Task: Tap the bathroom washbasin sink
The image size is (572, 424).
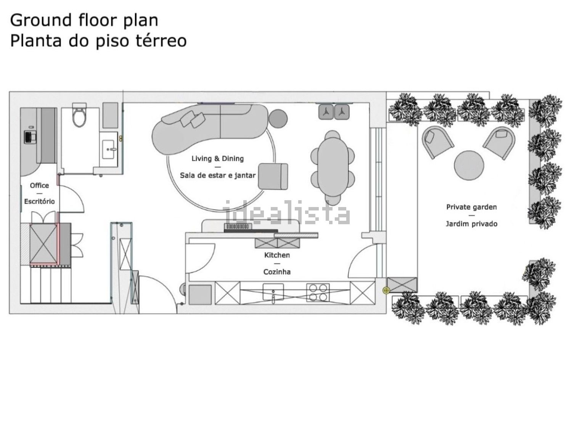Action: pos(108,149)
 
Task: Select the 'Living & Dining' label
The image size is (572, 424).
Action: pos(217,158)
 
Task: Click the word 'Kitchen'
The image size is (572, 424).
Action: pos(277,255)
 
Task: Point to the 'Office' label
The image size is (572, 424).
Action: pos(39,185)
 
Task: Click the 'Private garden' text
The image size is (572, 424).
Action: pos(471,207)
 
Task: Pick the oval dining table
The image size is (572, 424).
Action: pos(333,167)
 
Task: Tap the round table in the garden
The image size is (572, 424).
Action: pos(469,165)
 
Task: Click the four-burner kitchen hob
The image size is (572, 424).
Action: pos(318,292)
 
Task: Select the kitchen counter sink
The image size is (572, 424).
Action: pos(273,292)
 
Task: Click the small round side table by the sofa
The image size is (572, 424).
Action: pos(278,118)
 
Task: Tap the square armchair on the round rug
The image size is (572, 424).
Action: pos(273,177)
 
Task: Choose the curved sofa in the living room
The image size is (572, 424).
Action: pos(209,129)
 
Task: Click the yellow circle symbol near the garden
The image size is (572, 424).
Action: pos(386,291)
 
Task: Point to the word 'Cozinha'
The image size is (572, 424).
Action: pos(277,272)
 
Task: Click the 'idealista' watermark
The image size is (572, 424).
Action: pos(286,213)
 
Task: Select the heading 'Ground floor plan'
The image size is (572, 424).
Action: pos(84,21)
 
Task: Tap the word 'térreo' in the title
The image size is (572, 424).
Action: pos(161,41)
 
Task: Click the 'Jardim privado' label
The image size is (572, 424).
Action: pos(471,223)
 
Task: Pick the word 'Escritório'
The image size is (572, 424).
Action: pos(39,201)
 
